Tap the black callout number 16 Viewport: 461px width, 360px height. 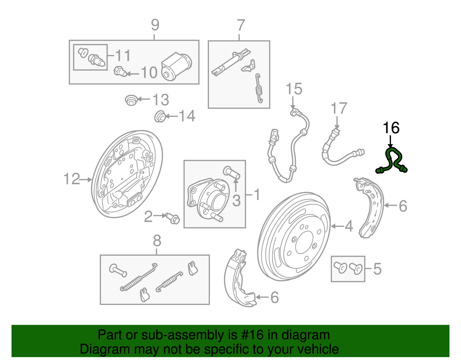coord(391,128)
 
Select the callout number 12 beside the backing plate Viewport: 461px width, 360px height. coord(71,179)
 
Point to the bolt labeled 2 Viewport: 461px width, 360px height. coord(173,218)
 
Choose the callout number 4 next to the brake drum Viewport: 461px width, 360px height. coord(349,226)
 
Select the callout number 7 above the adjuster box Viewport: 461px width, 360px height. coord(241,25)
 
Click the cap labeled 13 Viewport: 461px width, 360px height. coord(131,100)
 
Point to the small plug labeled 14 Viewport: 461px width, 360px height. coord(160,116)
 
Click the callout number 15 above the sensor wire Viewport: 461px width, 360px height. coord(294,89)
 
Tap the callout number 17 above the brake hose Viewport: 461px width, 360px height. coord(339,108)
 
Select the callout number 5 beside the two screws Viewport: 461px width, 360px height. coord(377,269)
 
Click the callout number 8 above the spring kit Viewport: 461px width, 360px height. coord(157,241)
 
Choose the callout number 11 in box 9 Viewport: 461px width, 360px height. coord(123,55)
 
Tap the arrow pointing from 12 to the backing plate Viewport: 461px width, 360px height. coord(86,180)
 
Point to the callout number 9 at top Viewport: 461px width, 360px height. coord(155,25)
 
